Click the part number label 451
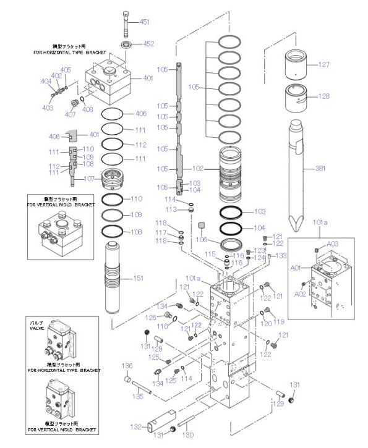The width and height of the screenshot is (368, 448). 145,22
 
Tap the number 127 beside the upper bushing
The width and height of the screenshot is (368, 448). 324,64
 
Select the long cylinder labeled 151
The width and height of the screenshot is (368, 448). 117,278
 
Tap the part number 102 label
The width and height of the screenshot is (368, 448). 197,167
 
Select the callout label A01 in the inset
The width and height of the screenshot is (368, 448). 296,268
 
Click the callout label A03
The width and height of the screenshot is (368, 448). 333,245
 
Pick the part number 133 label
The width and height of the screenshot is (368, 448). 281,255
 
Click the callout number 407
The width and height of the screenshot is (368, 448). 70,114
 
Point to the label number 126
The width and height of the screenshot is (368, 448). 150,318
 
